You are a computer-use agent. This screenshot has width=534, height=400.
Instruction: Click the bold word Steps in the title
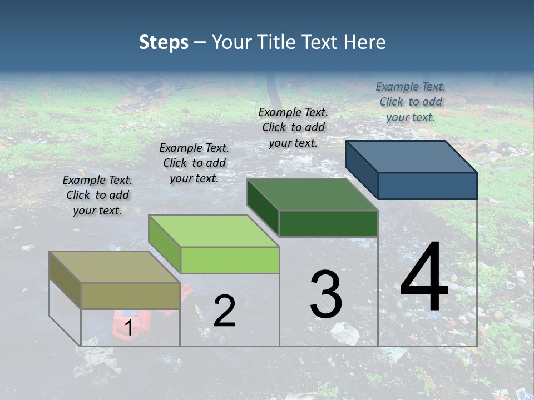[x=164, y=42]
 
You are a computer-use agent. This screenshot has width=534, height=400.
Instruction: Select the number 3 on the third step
[x=326, y=294]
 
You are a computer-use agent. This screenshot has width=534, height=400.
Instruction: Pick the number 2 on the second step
[x=224, y=311]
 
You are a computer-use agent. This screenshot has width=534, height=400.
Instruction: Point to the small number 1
[x=128, y=328]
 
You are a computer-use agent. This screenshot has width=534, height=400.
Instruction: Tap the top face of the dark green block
[x=311, y=194]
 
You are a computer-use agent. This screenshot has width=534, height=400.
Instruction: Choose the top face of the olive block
[x=114, y=267]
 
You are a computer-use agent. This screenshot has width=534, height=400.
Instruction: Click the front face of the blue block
[x=427, y=186]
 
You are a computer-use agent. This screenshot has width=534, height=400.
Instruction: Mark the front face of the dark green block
[x=328, y=224]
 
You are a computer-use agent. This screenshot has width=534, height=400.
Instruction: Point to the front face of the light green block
[x=230, y=260]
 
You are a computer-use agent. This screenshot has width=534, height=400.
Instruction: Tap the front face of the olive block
[x=130, y=296]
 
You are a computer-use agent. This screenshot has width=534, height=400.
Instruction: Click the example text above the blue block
[x=411, y=102]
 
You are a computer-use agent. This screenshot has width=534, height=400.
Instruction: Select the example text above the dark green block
[x=293, y=127]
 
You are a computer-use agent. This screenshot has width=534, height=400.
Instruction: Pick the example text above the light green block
[x=194, y=163]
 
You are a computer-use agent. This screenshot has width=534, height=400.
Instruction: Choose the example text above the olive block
[x=97, y=195]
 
